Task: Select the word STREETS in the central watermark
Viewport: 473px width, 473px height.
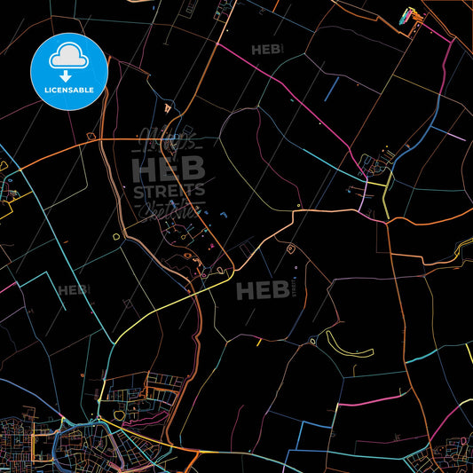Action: point(169,190)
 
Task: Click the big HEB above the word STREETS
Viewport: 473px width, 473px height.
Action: point(169,168)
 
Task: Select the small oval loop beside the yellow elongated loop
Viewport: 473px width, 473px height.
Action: point(311,341)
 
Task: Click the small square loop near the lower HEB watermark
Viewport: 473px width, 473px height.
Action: point(290,251)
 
